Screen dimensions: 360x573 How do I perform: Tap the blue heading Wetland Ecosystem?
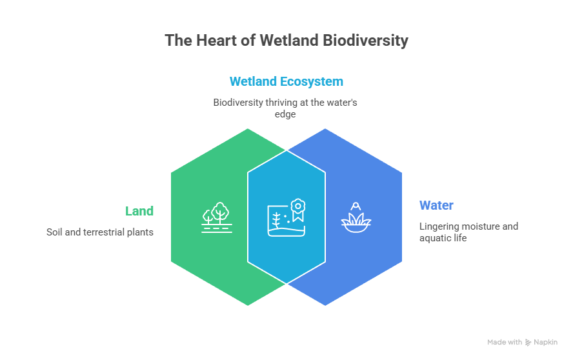pos(286,82)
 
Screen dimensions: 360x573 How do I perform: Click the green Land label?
pos(139,211)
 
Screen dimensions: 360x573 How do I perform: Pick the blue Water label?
pos(436,206)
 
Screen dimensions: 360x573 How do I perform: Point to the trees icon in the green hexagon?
pos(217,217)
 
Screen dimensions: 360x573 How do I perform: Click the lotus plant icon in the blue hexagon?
pos(356,217)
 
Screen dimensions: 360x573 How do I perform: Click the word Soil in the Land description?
pos(55,232)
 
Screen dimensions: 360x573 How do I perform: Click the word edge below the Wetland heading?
pos(286,114)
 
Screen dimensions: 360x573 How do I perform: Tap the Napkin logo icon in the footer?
pos(528,343)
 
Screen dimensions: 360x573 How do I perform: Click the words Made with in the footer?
pos(505,343)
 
